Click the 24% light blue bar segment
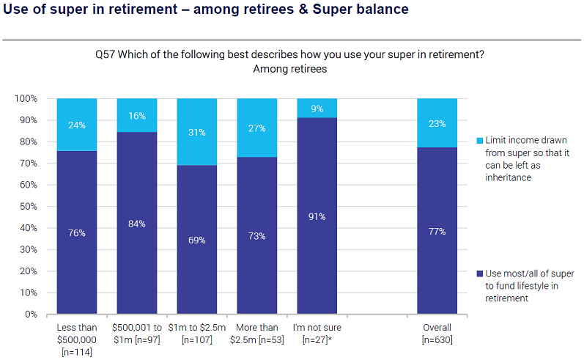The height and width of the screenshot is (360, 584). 77,125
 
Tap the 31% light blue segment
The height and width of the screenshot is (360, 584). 197,132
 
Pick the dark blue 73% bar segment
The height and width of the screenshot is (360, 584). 257,235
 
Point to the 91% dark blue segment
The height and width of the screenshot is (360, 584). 317,216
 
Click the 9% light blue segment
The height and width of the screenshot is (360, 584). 317,108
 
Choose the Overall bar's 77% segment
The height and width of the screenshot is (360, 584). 437,231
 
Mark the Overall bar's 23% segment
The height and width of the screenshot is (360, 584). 437,123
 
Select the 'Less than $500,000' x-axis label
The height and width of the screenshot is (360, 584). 77,334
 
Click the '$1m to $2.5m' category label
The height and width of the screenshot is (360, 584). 197,328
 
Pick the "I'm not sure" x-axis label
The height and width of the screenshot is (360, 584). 317,328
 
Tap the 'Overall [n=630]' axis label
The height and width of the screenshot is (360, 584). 437,334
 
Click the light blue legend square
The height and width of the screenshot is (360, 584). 479,140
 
